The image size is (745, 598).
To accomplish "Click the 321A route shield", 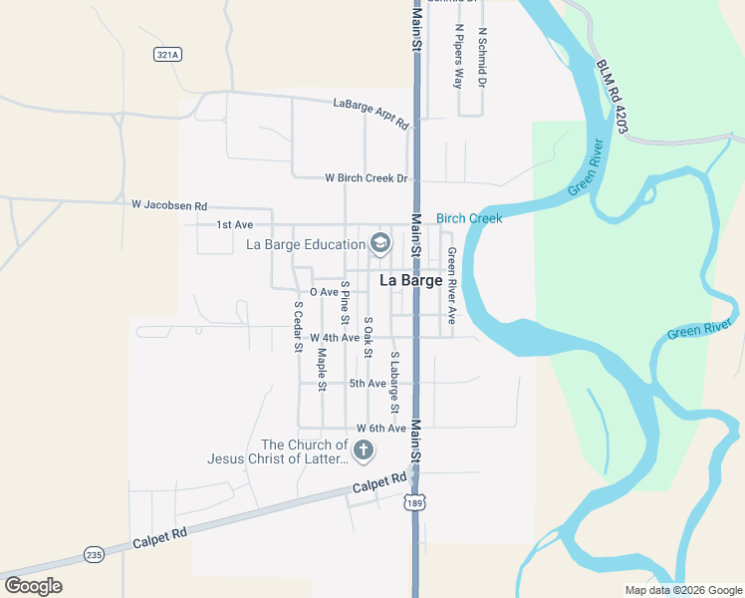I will point(168,55).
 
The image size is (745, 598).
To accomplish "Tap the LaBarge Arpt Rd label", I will point(372,113).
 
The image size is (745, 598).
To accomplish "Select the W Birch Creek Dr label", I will point(367,178).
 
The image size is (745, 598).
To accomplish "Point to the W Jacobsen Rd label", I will point(169,204).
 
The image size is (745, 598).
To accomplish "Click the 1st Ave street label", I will point(235,224).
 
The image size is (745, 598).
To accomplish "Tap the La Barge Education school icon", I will point(379,242).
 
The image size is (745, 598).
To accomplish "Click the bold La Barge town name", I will point(411,281).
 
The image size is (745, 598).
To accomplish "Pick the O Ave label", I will point(324,292).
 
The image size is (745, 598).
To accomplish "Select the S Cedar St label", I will point(297,327).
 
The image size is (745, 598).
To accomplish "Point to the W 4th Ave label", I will point(334,338).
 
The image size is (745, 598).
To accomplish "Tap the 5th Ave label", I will point(368,383).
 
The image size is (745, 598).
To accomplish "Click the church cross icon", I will point(365,450).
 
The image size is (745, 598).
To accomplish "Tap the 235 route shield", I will point(95,554).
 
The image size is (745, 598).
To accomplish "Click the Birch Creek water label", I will point(469,218).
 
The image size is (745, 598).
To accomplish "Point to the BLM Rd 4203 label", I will point(609,100).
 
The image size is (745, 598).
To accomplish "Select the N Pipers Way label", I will point(458,57).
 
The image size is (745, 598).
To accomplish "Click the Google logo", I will point(33,586).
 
